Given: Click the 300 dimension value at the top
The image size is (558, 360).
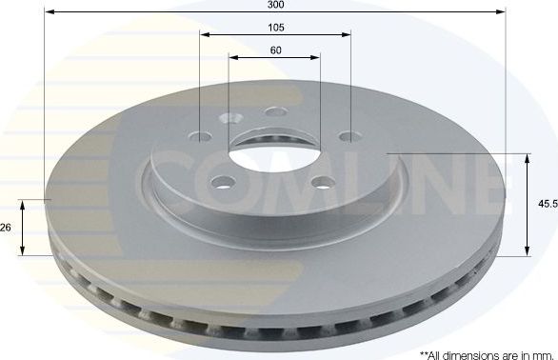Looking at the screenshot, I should [x=276, y=5].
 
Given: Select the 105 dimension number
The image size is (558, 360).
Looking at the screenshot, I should [x=275, y=27].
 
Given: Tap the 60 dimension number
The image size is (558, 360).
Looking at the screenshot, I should [x=275, y=50].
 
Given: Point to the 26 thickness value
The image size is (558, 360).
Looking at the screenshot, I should [x=7, y=227].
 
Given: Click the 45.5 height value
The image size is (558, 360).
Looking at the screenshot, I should [x=547, y=203].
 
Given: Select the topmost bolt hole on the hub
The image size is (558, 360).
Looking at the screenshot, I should [x=277, y=113].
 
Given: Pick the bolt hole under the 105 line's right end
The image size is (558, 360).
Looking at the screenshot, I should [x=349, y=134].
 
